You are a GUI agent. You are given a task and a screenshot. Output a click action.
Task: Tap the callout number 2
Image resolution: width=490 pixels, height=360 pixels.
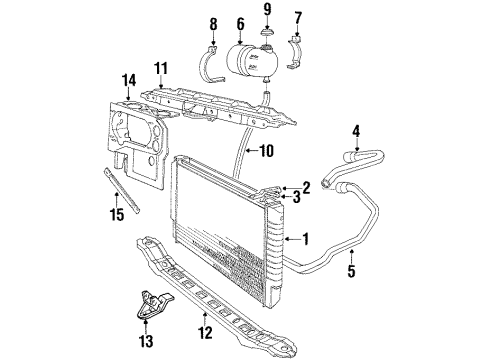pos(307,186)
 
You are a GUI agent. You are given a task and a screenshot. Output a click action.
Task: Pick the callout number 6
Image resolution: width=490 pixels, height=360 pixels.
pos(239,21)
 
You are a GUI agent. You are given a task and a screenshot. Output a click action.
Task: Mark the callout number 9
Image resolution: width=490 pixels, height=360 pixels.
pos(268,11)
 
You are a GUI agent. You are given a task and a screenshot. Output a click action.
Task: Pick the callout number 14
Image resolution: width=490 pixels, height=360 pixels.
pos(128,78)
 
